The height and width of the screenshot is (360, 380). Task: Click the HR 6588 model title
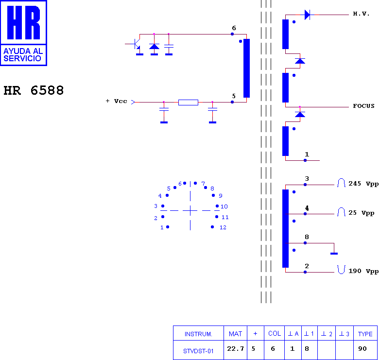coord(34,90)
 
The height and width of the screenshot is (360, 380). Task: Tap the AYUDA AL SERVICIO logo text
coord(23,55)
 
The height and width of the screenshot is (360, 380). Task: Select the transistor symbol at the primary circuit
coord(136,44)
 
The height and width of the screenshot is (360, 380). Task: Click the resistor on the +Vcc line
coord(189,102)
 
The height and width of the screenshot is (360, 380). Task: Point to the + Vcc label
coord(117,101)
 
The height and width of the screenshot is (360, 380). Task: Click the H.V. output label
coord(361,14)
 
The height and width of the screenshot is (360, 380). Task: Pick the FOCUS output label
coord(363,106)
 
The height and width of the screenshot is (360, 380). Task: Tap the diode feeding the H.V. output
coord(307,15)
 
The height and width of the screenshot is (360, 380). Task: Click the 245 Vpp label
coord(363,184)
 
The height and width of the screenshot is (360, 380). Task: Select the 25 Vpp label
coord(362,213)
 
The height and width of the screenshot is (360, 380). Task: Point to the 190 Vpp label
coord(363,271)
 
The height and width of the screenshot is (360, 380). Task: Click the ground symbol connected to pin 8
coord(334,254)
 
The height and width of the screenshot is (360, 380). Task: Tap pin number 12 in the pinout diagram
coord(223,227)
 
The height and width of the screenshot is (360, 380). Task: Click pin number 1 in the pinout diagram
coord(162,227)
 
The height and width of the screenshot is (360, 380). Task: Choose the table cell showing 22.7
coord(235,349)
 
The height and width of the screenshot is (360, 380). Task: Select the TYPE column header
coord(365,334)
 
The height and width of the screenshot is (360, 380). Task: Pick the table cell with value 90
coord(363,349)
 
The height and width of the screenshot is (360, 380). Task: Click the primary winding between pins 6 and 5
coord(246,68)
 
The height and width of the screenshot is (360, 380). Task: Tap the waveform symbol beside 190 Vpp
coord(341,270)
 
